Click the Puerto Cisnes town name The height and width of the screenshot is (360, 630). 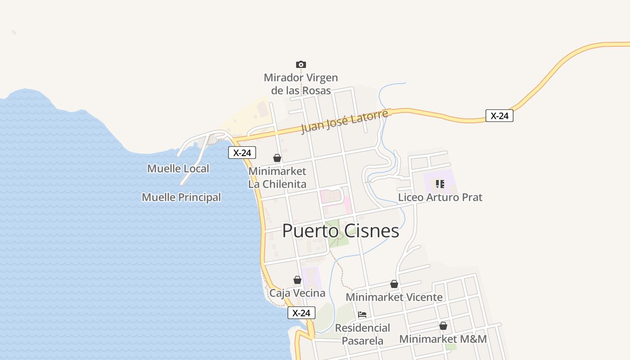point(341,231)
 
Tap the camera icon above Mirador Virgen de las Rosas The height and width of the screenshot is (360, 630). point(301,64)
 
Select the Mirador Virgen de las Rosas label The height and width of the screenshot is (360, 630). point(301,84)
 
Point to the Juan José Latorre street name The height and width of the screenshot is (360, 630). point(344,121)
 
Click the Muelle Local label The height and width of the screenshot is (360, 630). point(178,169)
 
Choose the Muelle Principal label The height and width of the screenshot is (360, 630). point(181,197)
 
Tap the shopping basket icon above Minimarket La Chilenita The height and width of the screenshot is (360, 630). point(277,158)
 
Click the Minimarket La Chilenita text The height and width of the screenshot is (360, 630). point(277,178)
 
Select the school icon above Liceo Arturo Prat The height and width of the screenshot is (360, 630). point(440,184)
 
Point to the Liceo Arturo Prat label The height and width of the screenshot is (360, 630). point(440,197)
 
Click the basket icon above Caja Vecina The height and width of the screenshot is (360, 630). point(297,280)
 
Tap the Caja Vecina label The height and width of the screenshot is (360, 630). point(297,293)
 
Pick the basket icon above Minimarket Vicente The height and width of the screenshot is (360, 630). point(394,284)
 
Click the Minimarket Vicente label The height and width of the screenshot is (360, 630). point(394,297)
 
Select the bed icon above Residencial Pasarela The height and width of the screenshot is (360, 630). point(362,314)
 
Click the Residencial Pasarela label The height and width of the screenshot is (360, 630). point(362,334)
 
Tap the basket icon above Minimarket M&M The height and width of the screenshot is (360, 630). point(443,326)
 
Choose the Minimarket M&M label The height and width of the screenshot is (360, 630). point(443,339)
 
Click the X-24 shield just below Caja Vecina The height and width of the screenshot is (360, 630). point(301,313)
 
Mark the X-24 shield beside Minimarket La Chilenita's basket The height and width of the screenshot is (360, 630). point(242,153)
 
